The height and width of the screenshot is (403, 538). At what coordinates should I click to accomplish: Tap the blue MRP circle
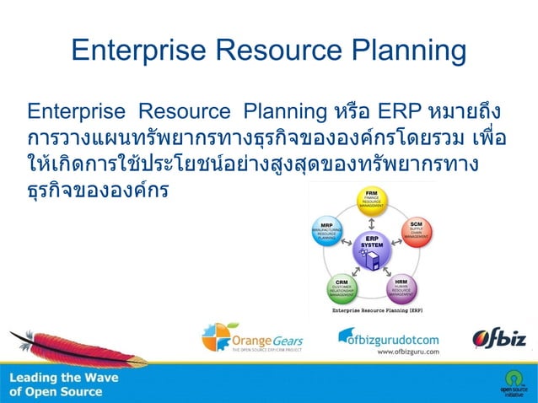327,233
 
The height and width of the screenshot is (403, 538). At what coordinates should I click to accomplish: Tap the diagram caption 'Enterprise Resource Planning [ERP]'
372,310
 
